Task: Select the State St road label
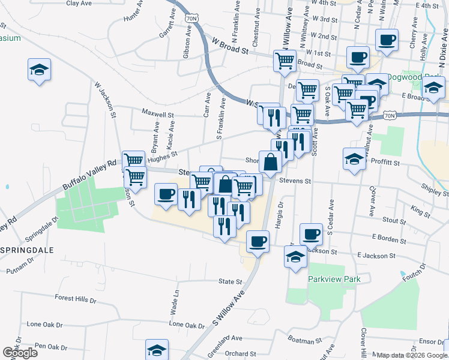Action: (x=231, y=281)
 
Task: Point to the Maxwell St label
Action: (x=157, y=113)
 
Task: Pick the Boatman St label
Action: (x=305, y=341)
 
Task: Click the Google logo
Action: (x=20, y=353)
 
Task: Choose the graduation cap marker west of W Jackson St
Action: (x=39, y=70)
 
